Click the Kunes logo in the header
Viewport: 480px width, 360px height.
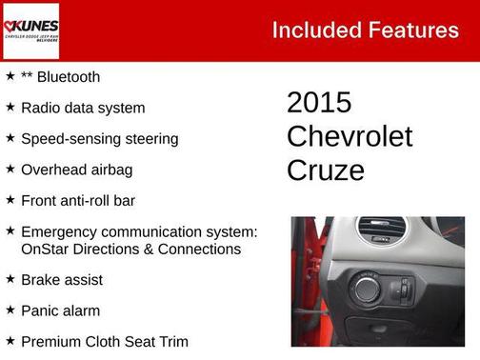coord(31,30)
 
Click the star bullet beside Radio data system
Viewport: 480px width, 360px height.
coord(10,108)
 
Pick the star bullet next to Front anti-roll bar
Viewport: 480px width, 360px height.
coord(10,200)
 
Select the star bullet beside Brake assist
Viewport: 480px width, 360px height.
coord(10,280)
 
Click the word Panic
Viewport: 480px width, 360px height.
coord(40,310)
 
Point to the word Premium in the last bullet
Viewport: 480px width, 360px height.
coord(52,341)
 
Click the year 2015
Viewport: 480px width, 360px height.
coord(319,103)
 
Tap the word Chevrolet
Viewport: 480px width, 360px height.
coord(350,136)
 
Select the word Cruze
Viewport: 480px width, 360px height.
coord(325,170)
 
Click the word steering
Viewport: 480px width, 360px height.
coord(148,139)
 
